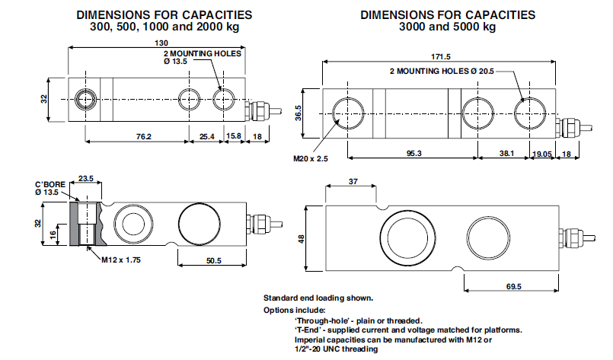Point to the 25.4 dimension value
(206, 137)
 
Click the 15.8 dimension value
(235, 137)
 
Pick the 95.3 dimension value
(413, 153)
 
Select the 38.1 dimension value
(506, 153)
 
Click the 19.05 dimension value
(543, 153)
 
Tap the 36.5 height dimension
(299, 113)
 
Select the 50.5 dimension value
(212, 261)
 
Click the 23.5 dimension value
(86, 179)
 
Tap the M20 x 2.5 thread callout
(309, 160)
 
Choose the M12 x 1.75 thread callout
(120, 260)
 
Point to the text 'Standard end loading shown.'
(318, 298)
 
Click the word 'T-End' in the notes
(310, 330)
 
